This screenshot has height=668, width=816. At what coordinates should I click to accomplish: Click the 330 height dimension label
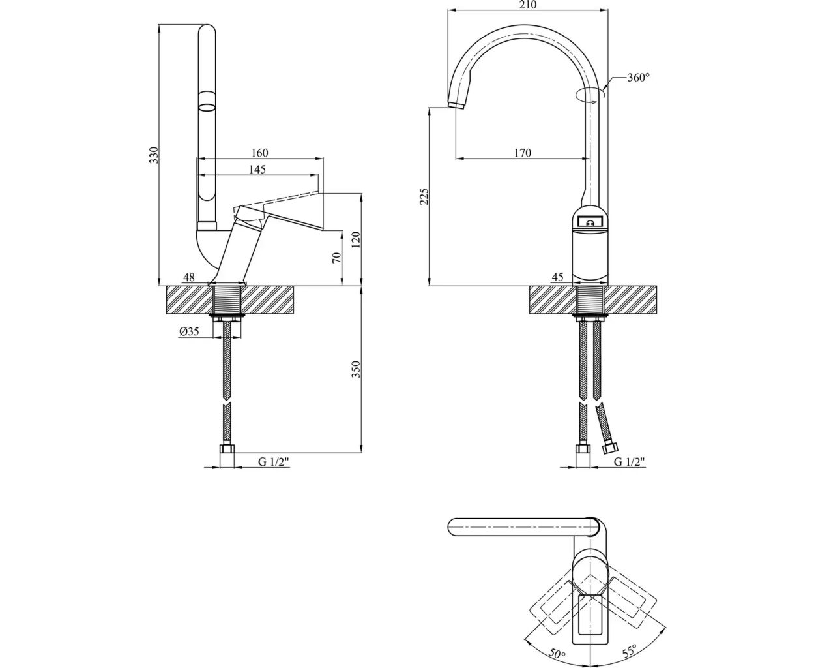[x=154, y=156]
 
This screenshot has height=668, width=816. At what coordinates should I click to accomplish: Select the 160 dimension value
[x=259, y=153]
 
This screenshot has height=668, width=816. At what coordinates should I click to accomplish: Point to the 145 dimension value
[x=257, y=170]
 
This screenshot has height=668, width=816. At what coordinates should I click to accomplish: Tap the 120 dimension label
[x=355, y=239]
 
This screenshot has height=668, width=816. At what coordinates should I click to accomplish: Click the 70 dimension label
[x=336, y=257]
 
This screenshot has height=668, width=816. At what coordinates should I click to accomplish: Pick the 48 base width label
[x=188, y=277]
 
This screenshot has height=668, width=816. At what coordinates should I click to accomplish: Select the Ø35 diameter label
[x=188, y=331]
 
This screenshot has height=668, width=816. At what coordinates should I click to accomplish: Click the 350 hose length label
[x=355, y=369]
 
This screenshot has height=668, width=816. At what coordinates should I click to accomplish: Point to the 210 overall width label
[x=527, y=5]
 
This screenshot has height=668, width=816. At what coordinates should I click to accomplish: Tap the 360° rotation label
[x=639, y=78]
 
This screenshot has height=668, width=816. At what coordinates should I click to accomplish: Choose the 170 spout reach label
[x=522, y=153]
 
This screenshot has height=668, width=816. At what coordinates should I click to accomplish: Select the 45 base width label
[x=557, y=277]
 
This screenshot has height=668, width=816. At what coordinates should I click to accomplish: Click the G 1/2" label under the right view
[x=630, y=462]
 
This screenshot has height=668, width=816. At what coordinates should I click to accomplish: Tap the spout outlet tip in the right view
[x=456, y=104]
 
